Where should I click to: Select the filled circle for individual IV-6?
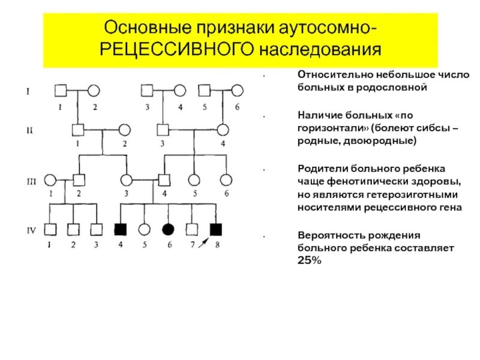[x=169, y=229]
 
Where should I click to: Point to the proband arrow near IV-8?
[x=205, y=241]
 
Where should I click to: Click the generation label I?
[x=28, y=91]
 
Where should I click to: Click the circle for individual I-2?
[x=94, y=91]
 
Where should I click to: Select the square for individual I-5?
[x=205, y=91]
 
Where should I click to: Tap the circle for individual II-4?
[x=223, y=130]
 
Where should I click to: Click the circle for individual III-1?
[x=50, y=179]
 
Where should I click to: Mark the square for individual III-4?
[x=164, y=179]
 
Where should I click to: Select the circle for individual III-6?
[x=225, y=179]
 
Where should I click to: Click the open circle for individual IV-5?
[x=144, y=229]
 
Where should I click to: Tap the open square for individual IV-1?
[x=51, y=229]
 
